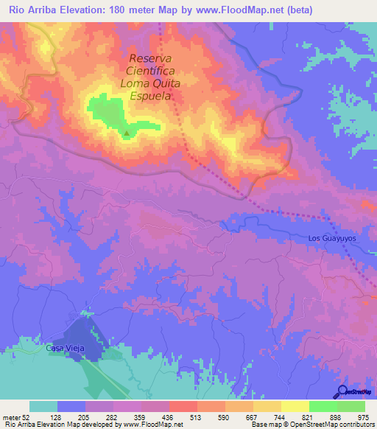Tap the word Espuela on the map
tap(151, 96)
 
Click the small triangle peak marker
tap(127, 134)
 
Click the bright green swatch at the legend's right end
tap(351, 406)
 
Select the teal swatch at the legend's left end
tap(43, 406)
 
